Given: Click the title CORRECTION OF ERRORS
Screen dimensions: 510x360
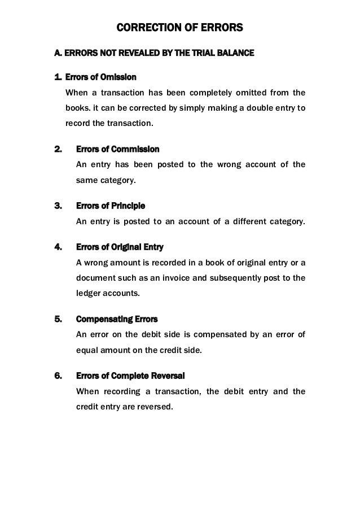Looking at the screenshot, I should coord(179,27).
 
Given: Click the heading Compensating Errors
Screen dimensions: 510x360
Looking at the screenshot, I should coord(117,319).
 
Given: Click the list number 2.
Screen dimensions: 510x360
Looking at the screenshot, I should coord(57,149).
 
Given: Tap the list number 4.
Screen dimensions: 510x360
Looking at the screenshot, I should coord(57,247).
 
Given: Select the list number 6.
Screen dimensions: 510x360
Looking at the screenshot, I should coord(57,375).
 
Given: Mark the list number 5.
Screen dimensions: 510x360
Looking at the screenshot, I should coord(57,319).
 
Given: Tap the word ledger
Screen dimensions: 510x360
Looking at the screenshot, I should coord(89,294).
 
